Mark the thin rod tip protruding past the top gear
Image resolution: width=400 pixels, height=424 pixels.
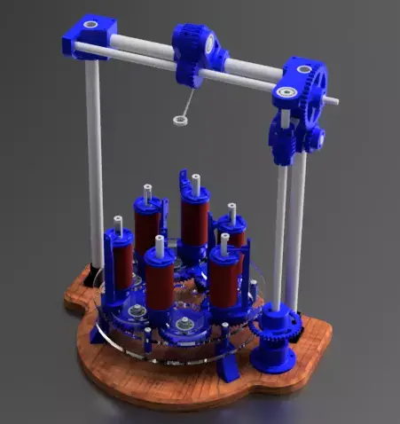pyautogui.click(x=332, y=101)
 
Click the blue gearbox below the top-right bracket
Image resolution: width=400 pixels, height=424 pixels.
pyautogui.click(x=286, y=142)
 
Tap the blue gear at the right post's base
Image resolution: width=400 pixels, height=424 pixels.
pyautogui.click(x=271, y=328)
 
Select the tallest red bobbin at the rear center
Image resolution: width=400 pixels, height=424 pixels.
pyautogui.click(x=194, y=217)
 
